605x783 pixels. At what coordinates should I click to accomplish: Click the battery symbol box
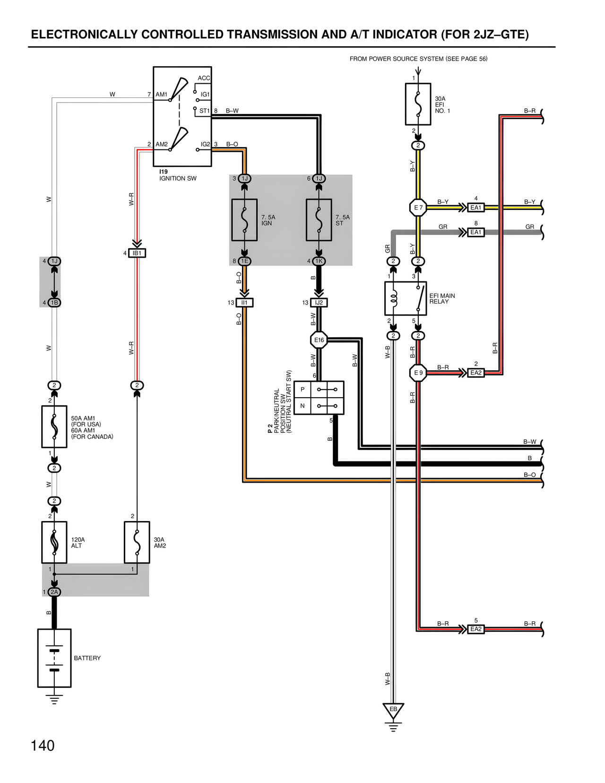click(54, 658)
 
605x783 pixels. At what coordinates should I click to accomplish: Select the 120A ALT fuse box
click(54, 542)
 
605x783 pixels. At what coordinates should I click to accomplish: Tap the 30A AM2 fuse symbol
click(137, 542)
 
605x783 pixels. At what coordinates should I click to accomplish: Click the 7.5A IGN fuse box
click(244, 220)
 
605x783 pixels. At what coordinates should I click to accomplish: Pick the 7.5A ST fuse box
click(319, 220)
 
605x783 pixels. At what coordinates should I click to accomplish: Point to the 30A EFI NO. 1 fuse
click(418, 104)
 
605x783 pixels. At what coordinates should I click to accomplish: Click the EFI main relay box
click(406, 299)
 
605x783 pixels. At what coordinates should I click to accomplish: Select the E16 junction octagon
click(319, 340)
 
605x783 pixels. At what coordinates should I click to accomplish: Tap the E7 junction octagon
click(418, 208)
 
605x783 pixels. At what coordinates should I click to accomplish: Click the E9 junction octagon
click(418, 373)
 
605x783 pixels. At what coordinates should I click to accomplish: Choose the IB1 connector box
click(137, 253)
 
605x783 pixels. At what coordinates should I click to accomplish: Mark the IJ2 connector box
click(319, 303)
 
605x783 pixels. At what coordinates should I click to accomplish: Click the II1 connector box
click(244, 303)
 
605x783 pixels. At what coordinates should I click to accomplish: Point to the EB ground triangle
click(393, 710)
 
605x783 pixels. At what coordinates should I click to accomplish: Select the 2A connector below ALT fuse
click(54, 592)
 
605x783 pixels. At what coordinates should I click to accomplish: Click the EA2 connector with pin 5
click(475, 629)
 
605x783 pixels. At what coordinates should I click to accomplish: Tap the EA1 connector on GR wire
click(475, 233)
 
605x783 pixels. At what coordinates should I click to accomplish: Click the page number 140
click(43, 746)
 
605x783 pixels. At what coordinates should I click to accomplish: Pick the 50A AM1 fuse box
click(54, 427)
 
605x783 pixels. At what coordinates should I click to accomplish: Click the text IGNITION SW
click(178, 179)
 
